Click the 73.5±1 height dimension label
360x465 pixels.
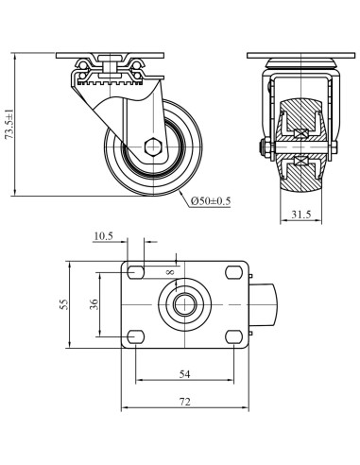(10, 123)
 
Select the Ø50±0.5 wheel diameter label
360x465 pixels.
(210, 199)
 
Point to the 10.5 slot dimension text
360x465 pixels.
(104, 235)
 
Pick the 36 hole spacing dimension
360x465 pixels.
(93, 304)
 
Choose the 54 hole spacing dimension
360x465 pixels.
(185, 374)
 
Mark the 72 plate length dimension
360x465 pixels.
(185, 403)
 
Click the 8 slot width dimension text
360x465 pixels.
(172, 274)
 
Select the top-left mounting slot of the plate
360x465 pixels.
(136, 272)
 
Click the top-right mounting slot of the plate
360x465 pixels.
(232, 272)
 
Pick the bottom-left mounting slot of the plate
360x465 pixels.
(136, 336)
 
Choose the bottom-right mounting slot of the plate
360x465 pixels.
(232, 336)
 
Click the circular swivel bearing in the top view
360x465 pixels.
(184, 304)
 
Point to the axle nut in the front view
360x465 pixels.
(260, 146)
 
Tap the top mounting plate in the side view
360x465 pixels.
(118, 53)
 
